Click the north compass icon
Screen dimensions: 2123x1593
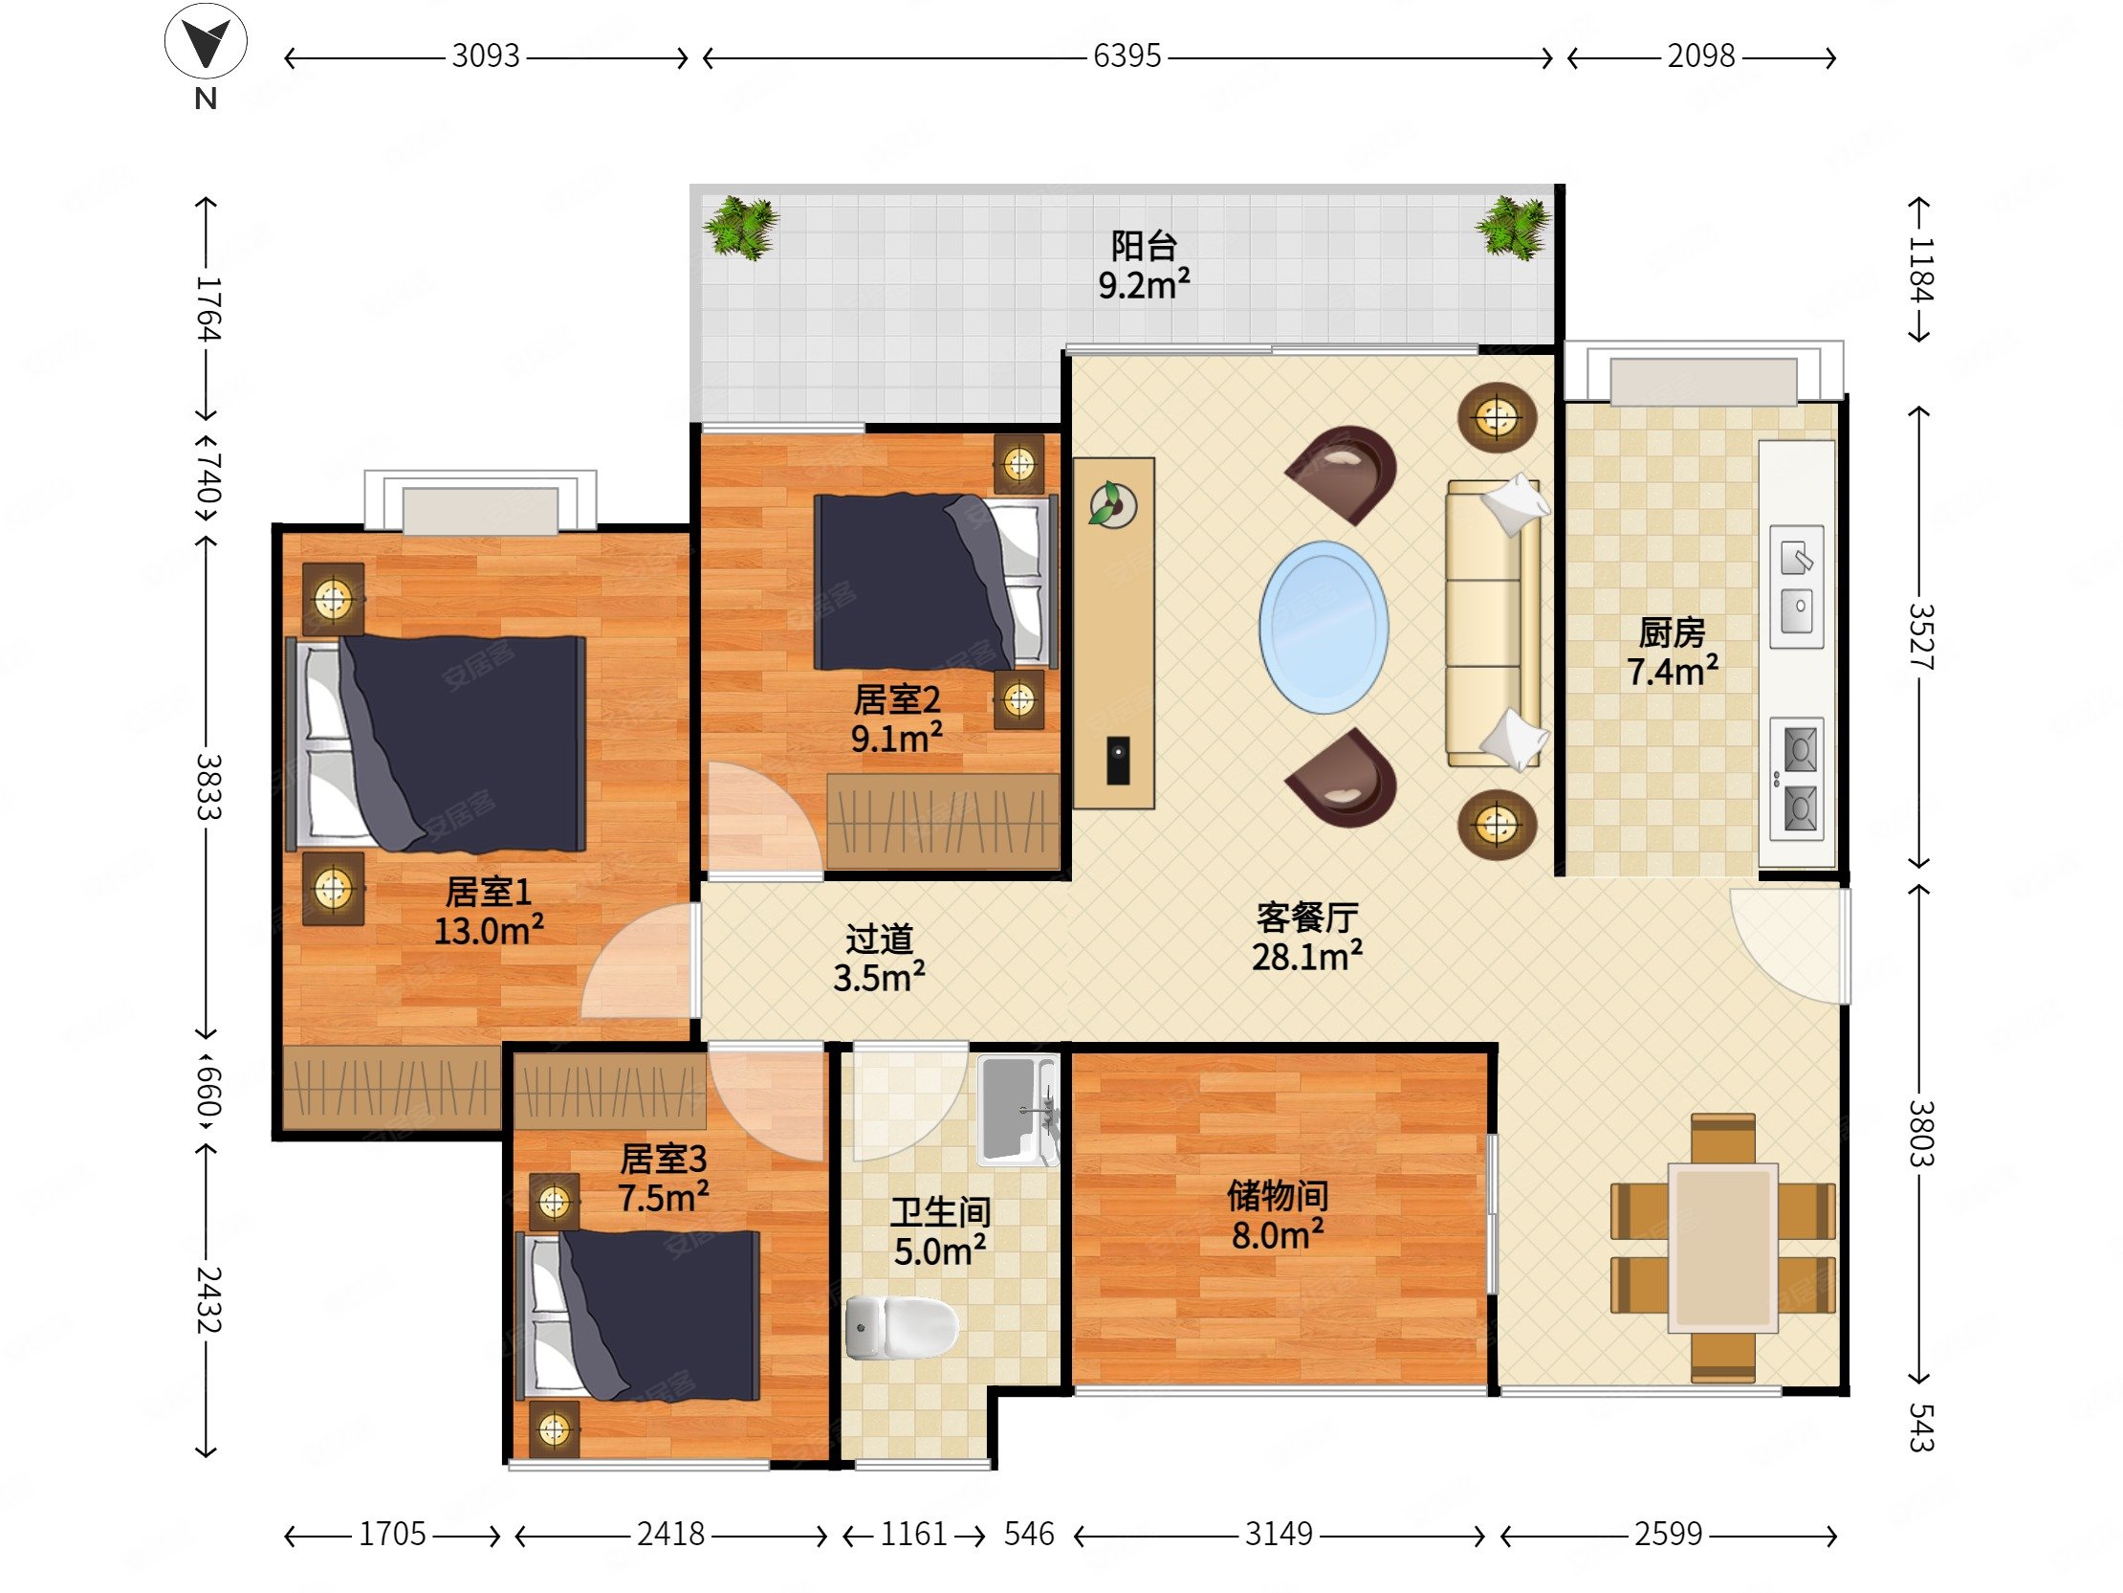click(x=206, y=43)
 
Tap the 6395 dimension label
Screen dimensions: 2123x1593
click(x=1127, y=56)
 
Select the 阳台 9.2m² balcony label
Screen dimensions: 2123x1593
click(x=1144, y=265)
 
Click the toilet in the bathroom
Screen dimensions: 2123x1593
click(x=902, y=1327)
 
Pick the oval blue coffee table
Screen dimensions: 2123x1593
click(x=1324, y=628)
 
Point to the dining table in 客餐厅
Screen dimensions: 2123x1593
click(x=1722, y=1249)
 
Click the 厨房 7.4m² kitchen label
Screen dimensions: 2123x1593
click(x=1672, y=652)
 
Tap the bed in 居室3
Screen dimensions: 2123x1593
click(x=638, y=1316)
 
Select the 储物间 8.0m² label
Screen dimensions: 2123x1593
click(x=1279, y=1216)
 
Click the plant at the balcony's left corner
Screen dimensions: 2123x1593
click(x=740, y=228)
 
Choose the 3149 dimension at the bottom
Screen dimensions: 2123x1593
click(x=1279, y=1534)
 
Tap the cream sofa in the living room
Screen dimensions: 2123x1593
click(x=1495, y=623)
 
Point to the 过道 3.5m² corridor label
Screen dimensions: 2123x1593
click(x=879, y=959)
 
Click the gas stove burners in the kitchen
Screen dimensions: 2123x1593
click(x=1797, y=779)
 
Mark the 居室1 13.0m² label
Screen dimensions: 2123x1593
click(x=489, y=912)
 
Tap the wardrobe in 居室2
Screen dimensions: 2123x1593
click(x=944, y=822)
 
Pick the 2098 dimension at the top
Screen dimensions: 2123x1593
click(x=1700, y=56)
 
